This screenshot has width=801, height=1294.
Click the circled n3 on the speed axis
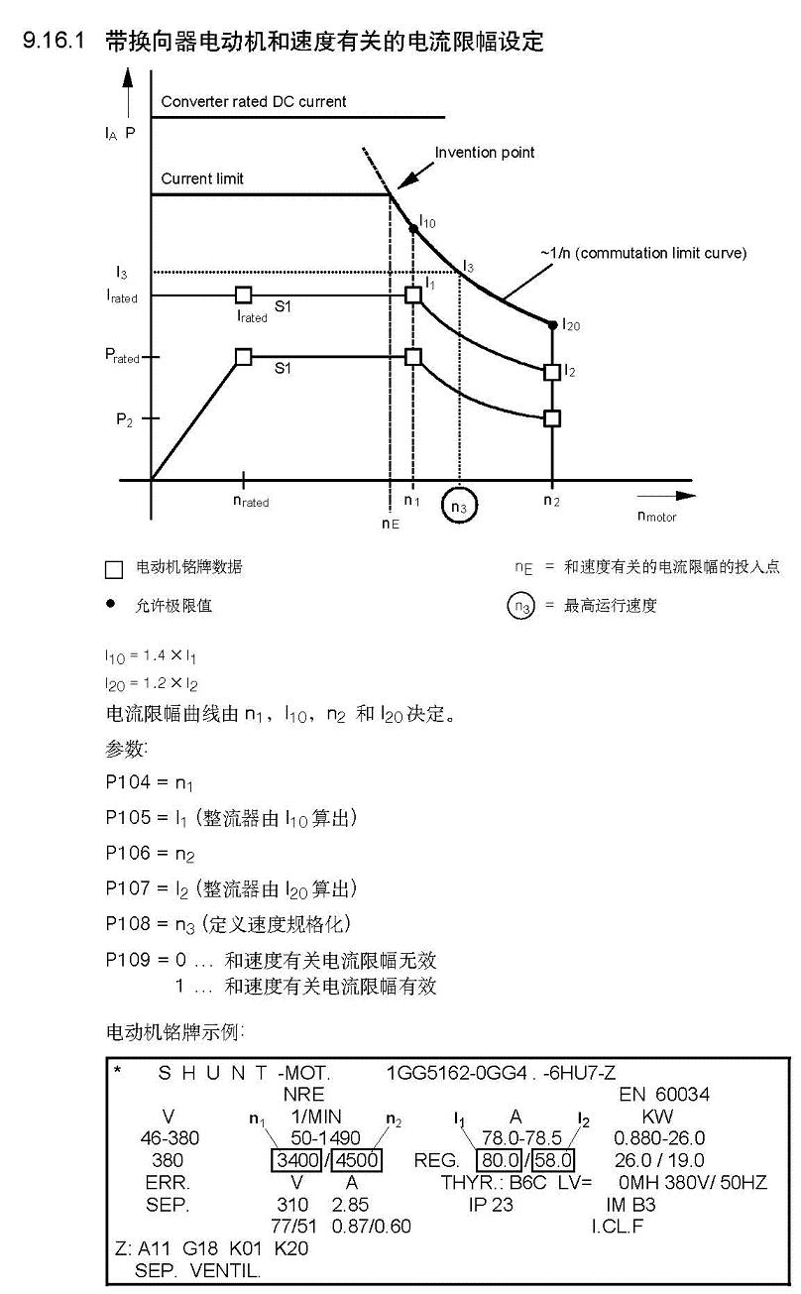click(459, 505)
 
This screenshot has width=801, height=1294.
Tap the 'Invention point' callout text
click(484, 153)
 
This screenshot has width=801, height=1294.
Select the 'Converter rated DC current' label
click(254, 101)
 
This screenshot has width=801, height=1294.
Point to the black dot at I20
click(552, 324)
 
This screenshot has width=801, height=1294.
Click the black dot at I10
click(413, 228)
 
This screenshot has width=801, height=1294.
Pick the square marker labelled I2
click(552, 372)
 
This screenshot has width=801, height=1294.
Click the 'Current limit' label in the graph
click(202, 179)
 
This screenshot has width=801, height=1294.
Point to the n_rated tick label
click(251, 502)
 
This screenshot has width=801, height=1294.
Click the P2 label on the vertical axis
click(124, 419)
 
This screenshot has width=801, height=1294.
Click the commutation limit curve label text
click(643, 253)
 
